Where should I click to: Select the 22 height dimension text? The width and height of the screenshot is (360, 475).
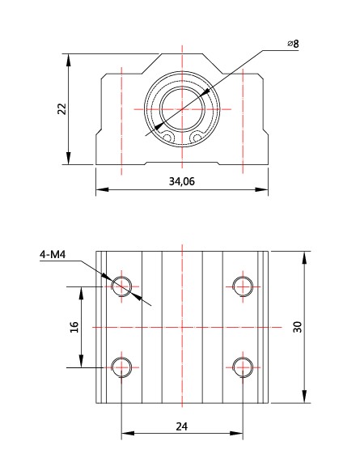click(61, 109)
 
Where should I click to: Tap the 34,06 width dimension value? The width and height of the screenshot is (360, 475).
click(181, 181)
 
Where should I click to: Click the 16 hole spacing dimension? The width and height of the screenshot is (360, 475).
click(74, 326)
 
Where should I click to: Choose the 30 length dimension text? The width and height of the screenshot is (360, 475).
click(298, 326)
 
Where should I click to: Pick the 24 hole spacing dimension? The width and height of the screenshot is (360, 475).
click(182, 426)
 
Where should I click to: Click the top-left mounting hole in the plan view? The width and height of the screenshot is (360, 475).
click(122, 285)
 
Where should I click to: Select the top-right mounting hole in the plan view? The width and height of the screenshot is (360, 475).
click(242, 285)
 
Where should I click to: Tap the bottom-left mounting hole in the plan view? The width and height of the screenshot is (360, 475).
click(122, 367)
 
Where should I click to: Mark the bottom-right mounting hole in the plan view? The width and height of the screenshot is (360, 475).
click(242, 367)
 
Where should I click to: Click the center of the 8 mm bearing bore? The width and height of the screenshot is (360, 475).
click(182, 108)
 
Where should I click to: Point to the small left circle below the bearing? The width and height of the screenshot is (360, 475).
click(167, 138)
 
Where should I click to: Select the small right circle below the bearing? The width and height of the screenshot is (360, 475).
click(197, 138)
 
